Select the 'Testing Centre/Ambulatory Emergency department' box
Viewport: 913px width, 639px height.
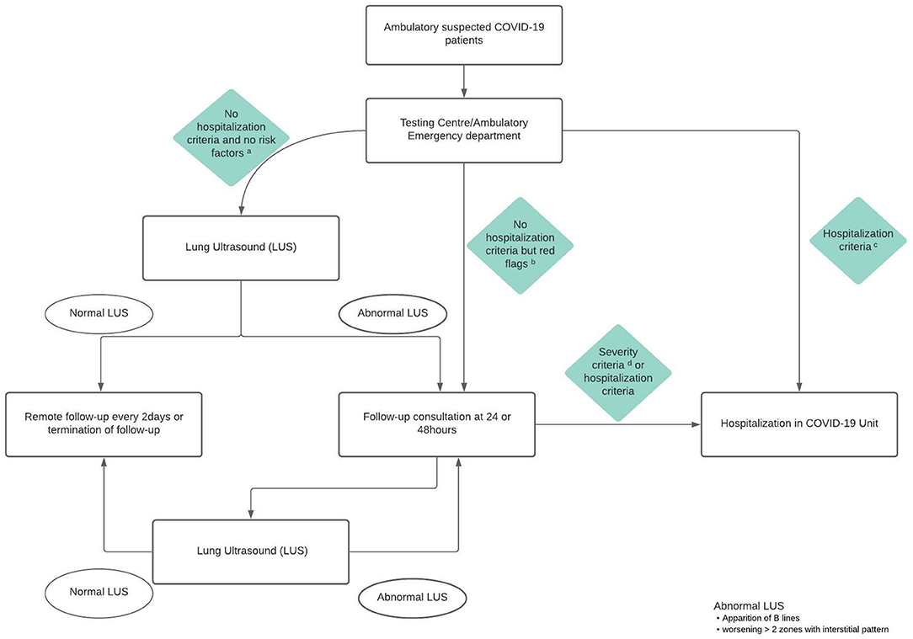click(464, 130)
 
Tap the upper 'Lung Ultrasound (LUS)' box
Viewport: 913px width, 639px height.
click(242, 248)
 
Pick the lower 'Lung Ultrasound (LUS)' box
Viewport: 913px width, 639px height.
click(250, 551)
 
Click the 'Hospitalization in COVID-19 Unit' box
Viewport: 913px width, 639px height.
click(799, 423)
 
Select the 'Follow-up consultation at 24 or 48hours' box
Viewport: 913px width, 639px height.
click(437, 423)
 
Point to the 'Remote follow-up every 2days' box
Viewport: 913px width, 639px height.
click(104, 423)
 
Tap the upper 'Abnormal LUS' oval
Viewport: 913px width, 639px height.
click(393, 312)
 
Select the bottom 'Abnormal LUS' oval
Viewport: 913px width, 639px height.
click(412, 597)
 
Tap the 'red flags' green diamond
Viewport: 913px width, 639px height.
click(520, 246)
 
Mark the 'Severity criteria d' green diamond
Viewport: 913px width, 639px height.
click(618, 373)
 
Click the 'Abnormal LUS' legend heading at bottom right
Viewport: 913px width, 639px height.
click(748, 605)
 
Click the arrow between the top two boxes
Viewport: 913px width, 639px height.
click(464, 81)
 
